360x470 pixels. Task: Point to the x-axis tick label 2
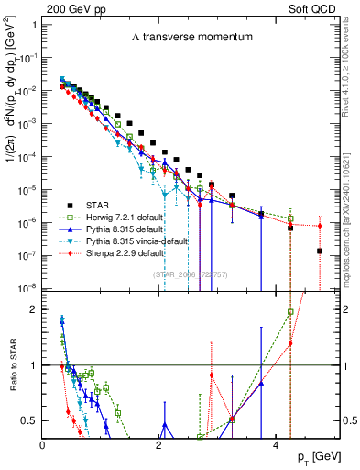158,444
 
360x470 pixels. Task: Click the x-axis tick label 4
275,444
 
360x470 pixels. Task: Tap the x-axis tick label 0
42,444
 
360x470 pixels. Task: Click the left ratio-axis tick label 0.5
29,420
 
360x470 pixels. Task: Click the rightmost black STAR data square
319,251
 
